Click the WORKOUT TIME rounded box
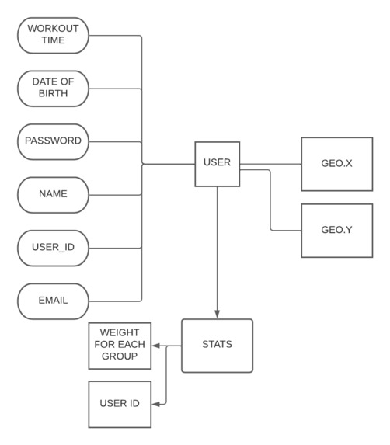(53, 36)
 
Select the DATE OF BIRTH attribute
(53, 89)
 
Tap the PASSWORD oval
(53, 142)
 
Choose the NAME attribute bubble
(53, 195)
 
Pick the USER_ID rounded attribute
(53, 249)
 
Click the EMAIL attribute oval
(53, 301)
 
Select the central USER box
(217, 165)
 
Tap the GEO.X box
(337, 164)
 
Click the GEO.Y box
(337, 231)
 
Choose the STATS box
(217, 346)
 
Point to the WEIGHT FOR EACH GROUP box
(120, 346)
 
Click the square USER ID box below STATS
(120, 404)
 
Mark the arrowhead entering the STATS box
(217, 315)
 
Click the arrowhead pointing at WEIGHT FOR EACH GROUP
(155, 346)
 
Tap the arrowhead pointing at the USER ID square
(155, 404)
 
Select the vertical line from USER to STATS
(217, 252)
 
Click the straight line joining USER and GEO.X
(270, 164)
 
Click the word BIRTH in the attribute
(53, 93)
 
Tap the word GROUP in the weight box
(120, 356)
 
